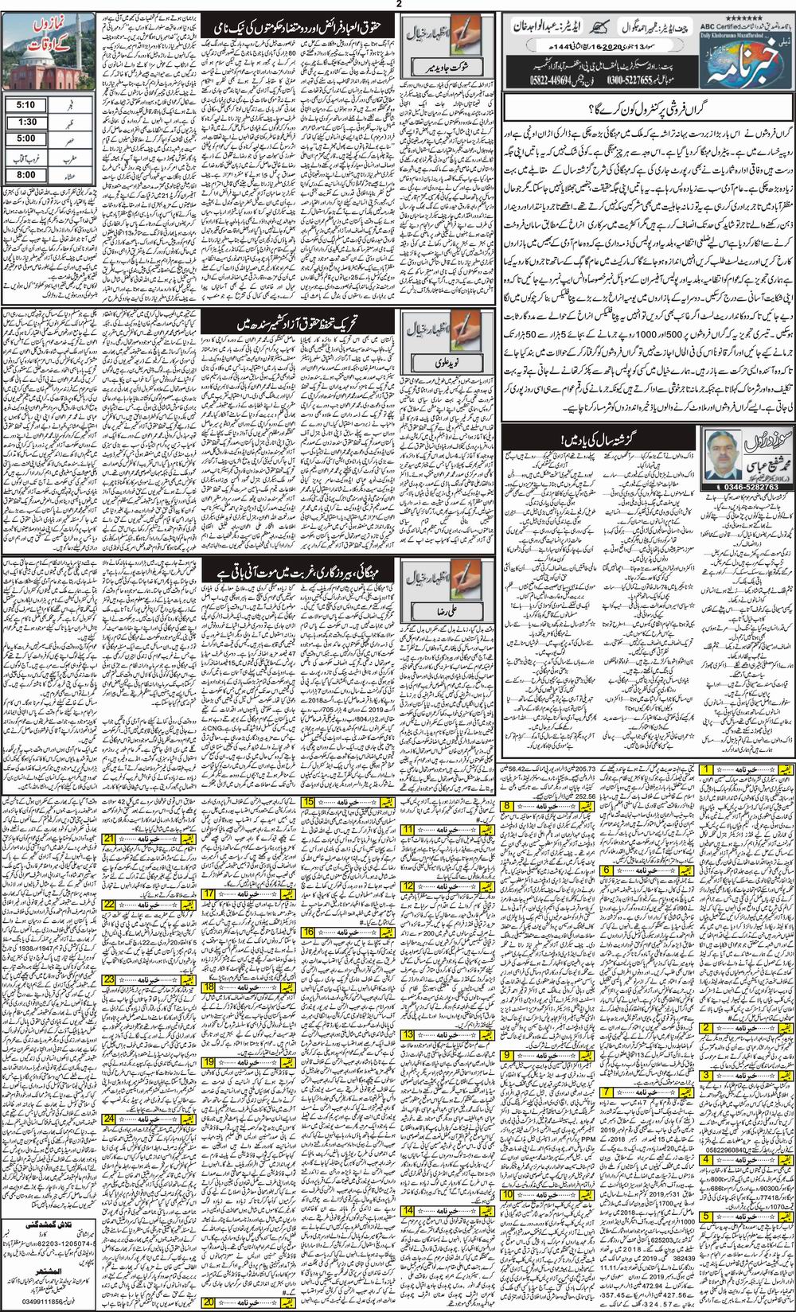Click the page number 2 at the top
tap(398, 6)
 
